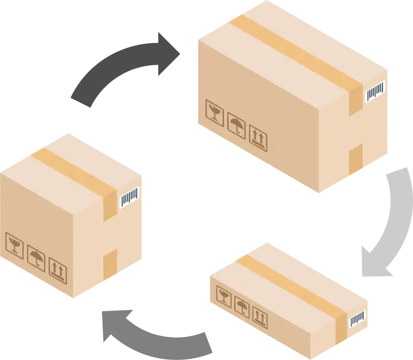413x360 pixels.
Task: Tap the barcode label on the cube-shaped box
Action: tap(129, 198)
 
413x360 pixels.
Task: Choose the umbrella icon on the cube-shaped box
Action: tap(36, 259)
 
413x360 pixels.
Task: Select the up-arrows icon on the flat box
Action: tap(260, 316)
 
